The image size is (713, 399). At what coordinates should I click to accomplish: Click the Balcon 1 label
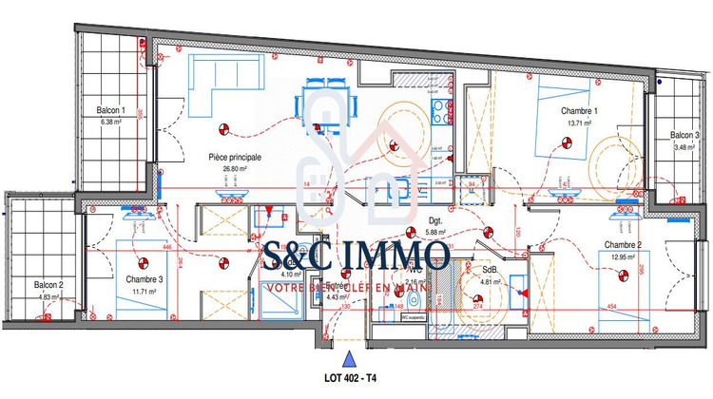pos(111,110)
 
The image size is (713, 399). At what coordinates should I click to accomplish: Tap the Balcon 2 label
pos(48,285)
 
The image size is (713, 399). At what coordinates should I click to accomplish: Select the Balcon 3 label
pos(684,135)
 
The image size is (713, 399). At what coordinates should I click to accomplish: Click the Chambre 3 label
pos(145,279)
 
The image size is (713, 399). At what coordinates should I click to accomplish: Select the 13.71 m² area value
pos(580,123)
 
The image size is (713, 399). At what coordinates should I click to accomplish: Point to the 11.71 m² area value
pos(145,291)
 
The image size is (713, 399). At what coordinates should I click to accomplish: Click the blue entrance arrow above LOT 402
pos(351,360)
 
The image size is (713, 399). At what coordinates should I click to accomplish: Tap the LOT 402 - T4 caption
pos(351,379)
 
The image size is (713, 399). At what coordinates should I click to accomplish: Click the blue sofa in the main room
pos(219,80)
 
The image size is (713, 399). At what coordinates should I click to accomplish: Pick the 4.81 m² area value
pos(490,281)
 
